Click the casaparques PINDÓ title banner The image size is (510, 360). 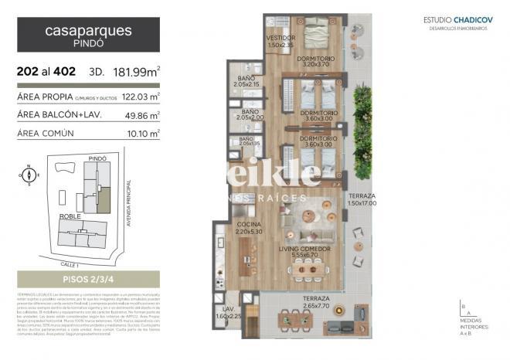pyautogui.click(x=88, y=35)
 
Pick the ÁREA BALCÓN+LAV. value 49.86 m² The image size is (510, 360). pyautogui.click(x=144, y=115)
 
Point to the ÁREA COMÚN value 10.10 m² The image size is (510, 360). pyautogui.click(x=145, y=133)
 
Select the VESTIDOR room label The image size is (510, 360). pyautogui.click(x=280, y=41)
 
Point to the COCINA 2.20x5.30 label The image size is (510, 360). pyautogui.click(x=249, y=228)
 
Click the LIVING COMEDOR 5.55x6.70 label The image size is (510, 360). pyautogui.click(x=304, y=252)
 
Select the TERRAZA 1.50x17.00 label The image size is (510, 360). pyautogui.click(x=362, y=200)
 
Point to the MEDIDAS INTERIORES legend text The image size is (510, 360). pyautogui.click(x=472, y=325)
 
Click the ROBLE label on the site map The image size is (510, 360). pyautogui.click(x=70, y=217)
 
